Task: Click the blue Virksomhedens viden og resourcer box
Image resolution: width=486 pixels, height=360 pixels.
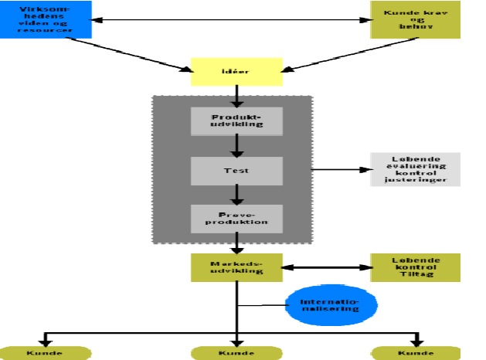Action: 46,19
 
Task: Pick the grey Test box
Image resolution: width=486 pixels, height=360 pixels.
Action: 237,170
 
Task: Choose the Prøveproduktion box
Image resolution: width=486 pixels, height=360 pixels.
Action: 237,219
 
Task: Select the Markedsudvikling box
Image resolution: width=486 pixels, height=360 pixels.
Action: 237,267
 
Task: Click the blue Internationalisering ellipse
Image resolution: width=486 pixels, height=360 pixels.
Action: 331,304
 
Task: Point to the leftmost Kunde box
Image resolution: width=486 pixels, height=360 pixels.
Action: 46,353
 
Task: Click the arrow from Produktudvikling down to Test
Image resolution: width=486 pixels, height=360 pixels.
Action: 237,145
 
